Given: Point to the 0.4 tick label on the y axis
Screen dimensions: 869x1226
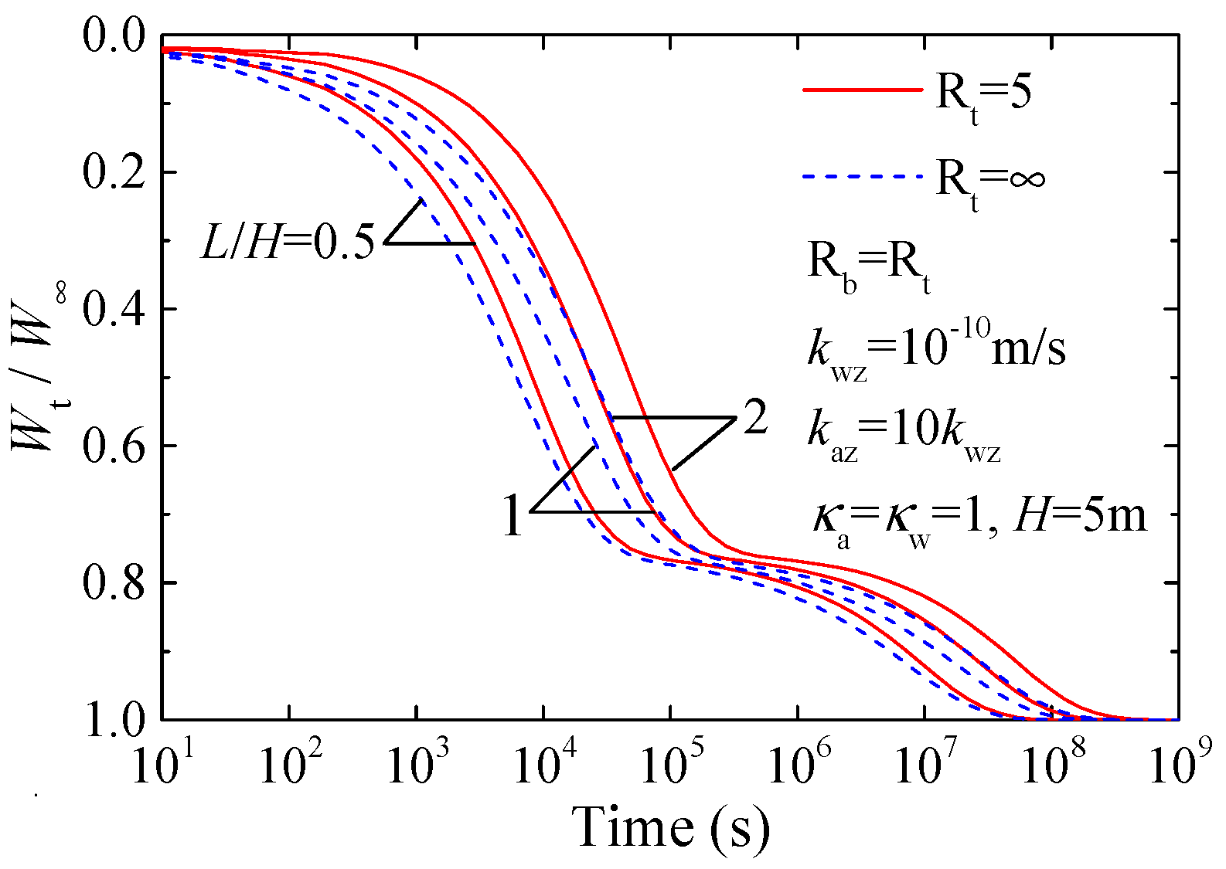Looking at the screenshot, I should click(x=114, y=307).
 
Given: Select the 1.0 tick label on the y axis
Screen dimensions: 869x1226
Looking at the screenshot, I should click(x=114, y=719).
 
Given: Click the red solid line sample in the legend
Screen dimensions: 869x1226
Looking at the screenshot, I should click(x=862, y=90).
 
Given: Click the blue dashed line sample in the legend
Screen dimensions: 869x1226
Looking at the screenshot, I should click(x=862, y=177).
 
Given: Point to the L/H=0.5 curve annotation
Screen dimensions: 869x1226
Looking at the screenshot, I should click(x=288, y=242).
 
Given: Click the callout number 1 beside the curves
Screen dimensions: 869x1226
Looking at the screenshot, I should click(x=513, y=516).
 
